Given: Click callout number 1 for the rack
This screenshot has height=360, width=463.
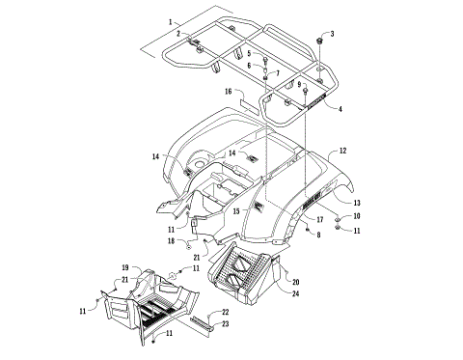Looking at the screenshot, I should [171, 20].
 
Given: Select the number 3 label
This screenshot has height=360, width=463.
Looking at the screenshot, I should [333, 34].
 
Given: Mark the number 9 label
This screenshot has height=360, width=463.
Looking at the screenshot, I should [299, 86].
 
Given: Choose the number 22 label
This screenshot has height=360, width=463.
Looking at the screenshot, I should [225, 313].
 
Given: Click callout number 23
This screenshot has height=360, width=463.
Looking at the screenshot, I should [225, 324].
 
